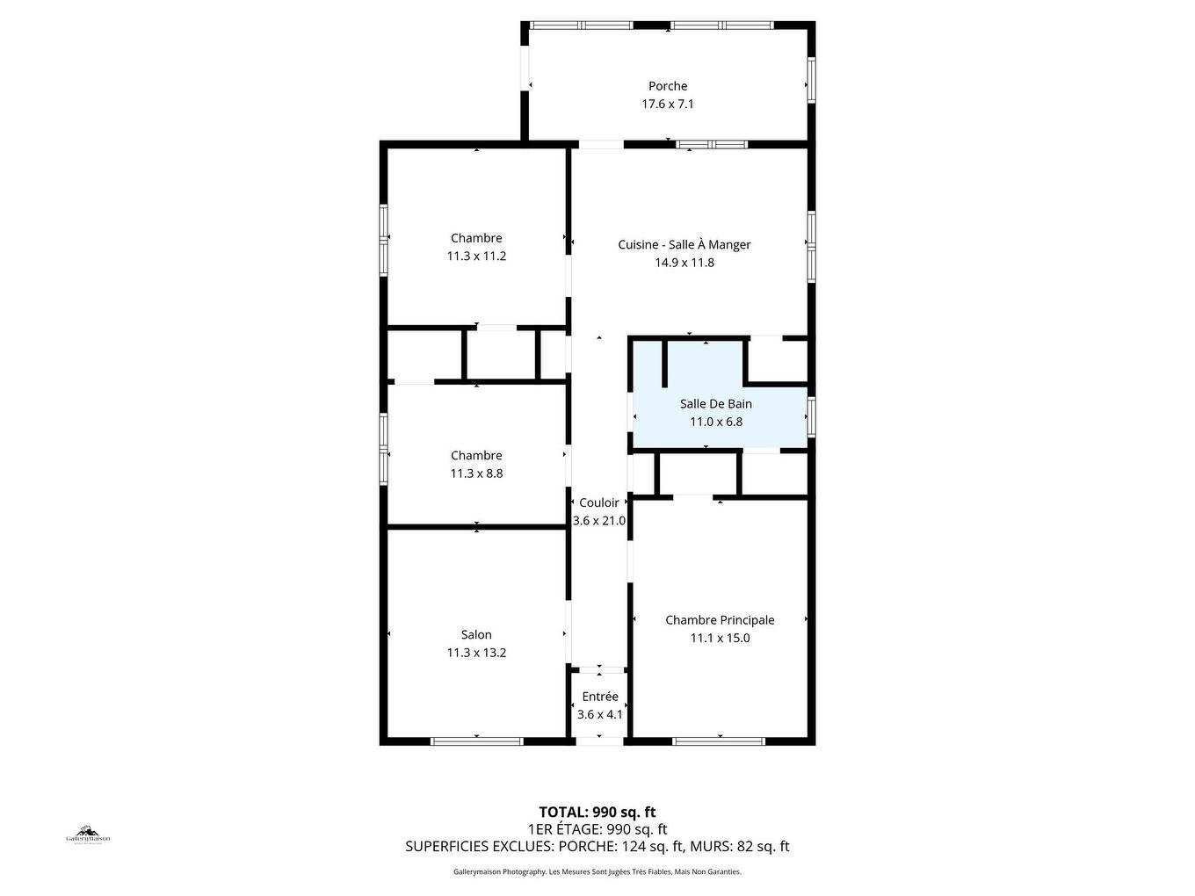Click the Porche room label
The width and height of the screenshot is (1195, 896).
(668, 86)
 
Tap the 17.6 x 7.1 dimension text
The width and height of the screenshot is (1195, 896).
(668, 104)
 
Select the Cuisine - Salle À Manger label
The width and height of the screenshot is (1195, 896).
(684, 245)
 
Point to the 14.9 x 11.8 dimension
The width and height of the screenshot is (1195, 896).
(684, 263)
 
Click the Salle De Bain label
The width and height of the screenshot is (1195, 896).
(716, 404)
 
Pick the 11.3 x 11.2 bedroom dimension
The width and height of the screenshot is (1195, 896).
(476, 257)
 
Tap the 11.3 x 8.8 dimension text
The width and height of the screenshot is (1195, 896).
(476, 473)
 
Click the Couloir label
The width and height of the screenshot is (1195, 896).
(599, 503)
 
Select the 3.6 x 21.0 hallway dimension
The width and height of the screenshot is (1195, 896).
(599, 521)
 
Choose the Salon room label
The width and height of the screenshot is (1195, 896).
(476, 635)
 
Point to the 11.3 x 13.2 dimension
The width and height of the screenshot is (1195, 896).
(476, 653)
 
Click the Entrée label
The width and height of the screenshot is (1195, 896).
(600, 697)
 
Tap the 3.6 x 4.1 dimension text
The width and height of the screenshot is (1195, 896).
(600, 715)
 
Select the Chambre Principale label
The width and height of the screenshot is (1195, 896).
(720, 620)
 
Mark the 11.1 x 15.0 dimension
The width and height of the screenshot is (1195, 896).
(720, 639)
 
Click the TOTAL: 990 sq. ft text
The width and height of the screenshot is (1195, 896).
(597, 813)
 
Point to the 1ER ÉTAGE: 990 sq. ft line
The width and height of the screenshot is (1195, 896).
(597, 829)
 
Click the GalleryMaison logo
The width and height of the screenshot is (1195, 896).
(88, 835)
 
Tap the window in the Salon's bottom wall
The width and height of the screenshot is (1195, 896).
(477, 741)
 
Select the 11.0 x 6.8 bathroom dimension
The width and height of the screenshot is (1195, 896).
(716, 422)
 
